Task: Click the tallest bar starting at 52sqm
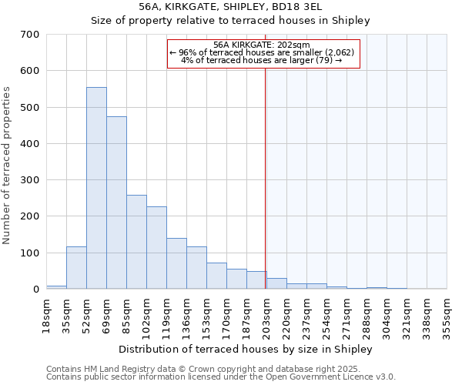pos(96,188)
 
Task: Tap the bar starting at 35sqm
pos(76,267)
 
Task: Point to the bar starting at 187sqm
pos(256,280)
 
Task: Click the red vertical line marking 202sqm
pos(265,169)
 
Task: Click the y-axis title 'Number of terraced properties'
pos(7,166)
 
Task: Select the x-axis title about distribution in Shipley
pos(246,349)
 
